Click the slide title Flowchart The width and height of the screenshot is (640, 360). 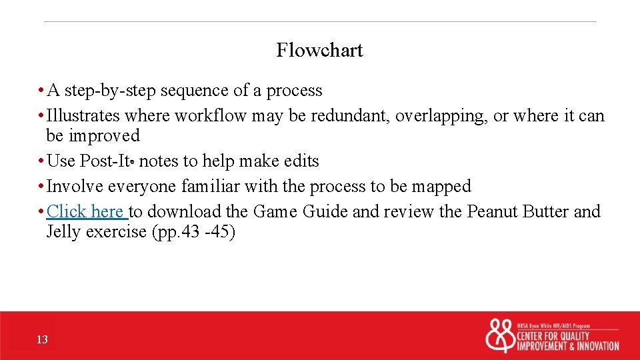pos(319,51)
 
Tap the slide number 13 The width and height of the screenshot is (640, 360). pos(42,340)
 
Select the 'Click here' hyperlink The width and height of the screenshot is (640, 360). pos(86,212)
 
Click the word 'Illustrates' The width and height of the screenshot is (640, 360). pos(83,116)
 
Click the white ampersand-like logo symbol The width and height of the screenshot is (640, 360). pos(500,336)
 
